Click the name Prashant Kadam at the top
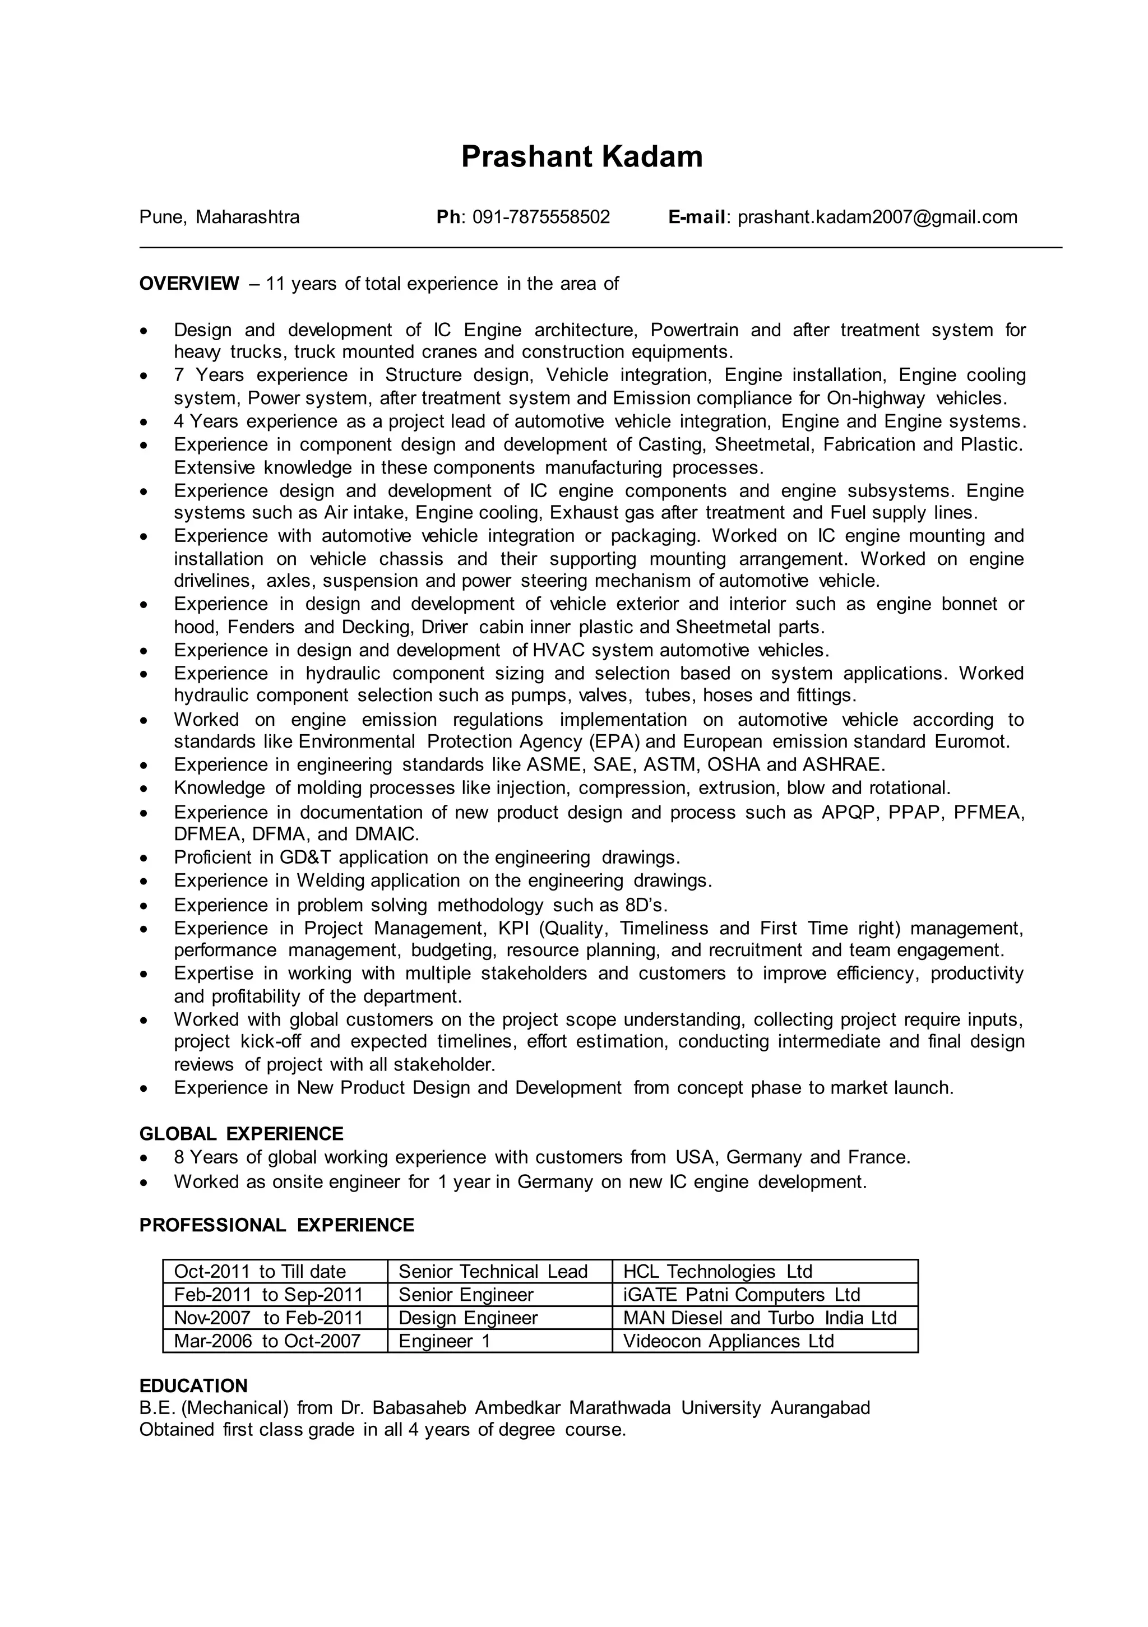click(581, 156)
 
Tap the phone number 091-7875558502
click(541, 217)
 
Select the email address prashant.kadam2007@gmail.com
click(877, 217)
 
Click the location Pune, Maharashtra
click(219, 217)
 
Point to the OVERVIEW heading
click(189, 284)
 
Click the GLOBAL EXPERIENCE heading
click(241, 1134)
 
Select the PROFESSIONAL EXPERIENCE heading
click(276, 1225)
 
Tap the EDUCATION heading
click(193, 1386)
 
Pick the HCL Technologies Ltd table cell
click(717, 1271)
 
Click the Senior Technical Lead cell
click(493, 1271)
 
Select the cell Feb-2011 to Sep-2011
click(269, 1295)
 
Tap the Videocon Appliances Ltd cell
click(728, 1341)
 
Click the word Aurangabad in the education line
click(820, 1407)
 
